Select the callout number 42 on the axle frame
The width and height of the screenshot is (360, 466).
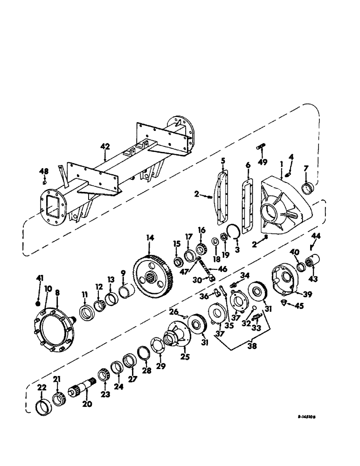point(105,146)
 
